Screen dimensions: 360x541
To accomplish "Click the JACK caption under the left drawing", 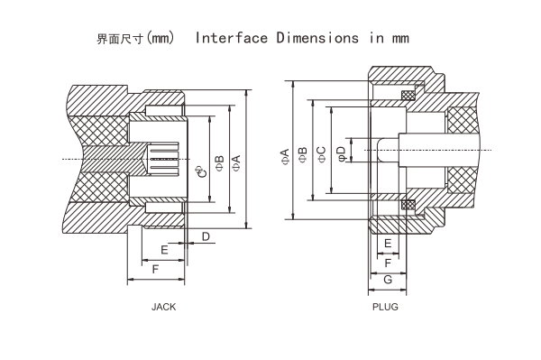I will tap(163, 307).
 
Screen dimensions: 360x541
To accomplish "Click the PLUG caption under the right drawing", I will tap(385, 307).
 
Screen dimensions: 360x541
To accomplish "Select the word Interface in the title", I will tap(231, 40).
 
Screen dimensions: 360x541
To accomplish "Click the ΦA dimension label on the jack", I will tap(237, 160).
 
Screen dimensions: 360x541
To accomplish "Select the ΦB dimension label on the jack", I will tap(219, 160).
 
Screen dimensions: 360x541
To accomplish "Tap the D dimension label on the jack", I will tap(206, 236).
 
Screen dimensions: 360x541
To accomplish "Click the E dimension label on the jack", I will tap(164, 248).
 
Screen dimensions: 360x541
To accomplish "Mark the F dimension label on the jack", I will tap(156, 270).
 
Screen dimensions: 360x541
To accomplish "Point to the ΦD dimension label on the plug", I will tap(341, 153).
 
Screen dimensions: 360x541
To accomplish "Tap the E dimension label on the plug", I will tap(388, 244).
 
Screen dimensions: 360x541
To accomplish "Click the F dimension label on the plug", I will tap(388, 263).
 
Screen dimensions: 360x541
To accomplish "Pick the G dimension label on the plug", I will tap(388, 282).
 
